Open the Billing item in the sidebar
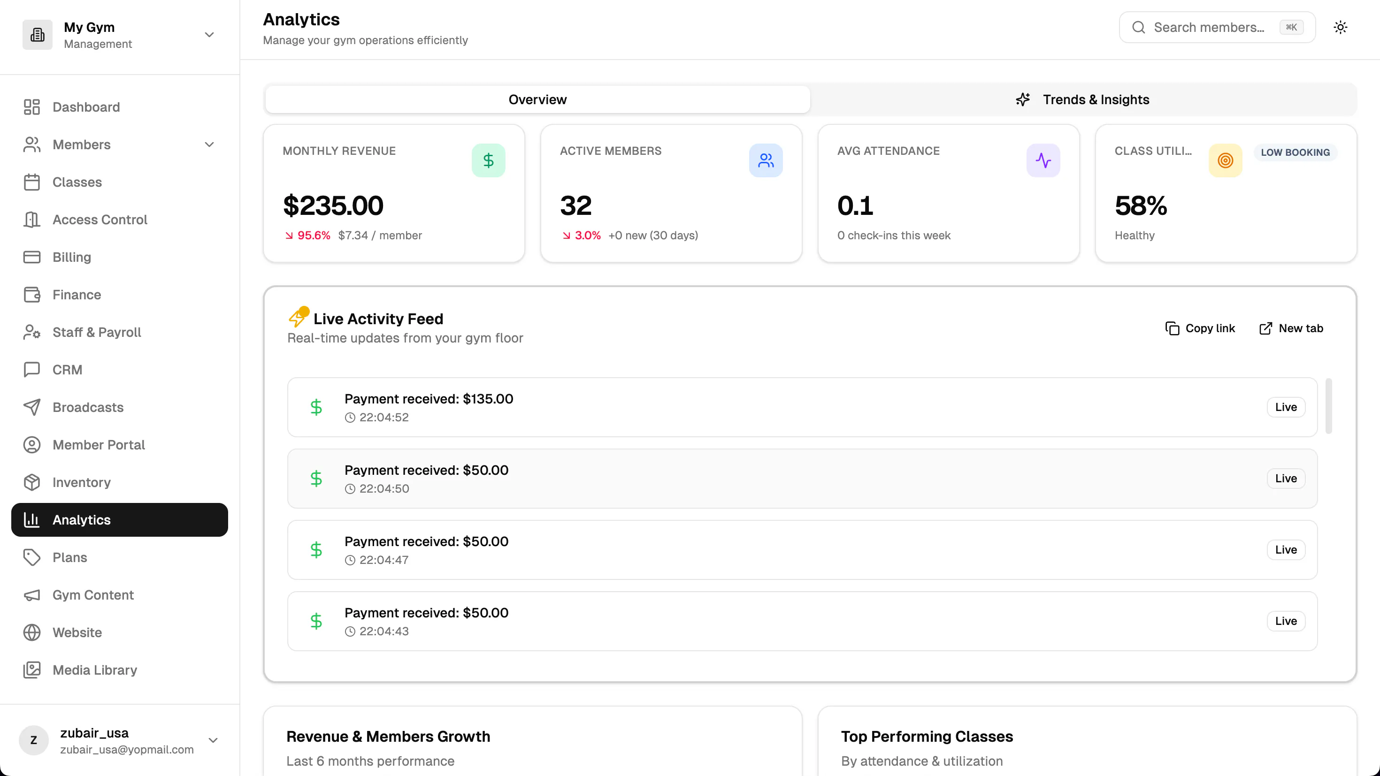coord(71,257)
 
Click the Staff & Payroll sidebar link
coord(96,332)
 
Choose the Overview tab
coord(537,99)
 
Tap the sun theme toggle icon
coord(1341,27)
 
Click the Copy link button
coord(1200,328)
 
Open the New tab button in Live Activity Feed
coord(1291,328)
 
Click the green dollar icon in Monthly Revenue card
coord(488,160)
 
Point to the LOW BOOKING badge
coord(1295,152)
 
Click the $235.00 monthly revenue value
coord(333,205)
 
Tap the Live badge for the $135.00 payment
coord(1286,407)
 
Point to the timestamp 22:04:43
coord(383,631)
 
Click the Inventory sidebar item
coord(81,482)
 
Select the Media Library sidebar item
coord(94,670)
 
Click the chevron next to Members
coord(209,145)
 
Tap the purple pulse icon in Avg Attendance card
coord(1043,160)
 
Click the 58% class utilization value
coord(1141,205)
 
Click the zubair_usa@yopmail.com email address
coord(127,750)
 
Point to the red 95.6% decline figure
coord(314,236)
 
